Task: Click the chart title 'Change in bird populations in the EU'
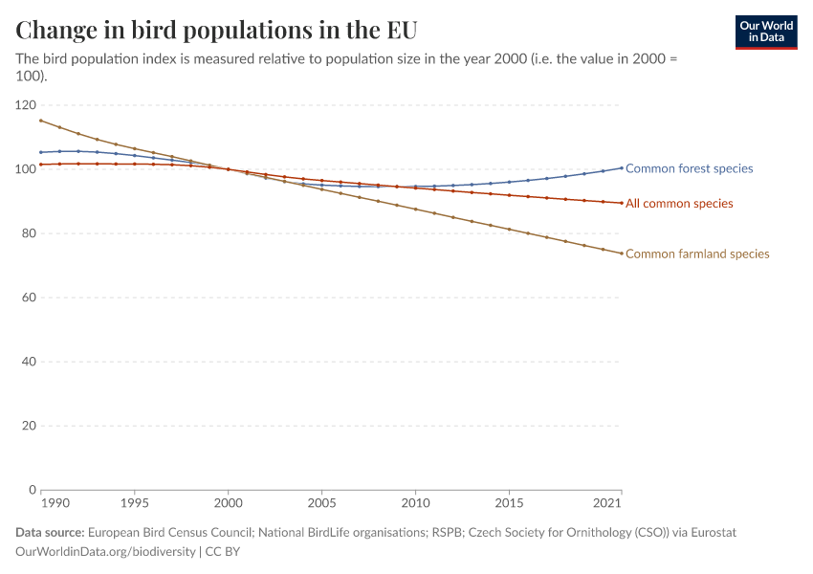tap(216, 29)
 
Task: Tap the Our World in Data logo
tap(766, 32)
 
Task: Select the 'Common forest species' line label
tap(689, 168)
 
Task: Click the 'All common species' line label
tap(679, 204)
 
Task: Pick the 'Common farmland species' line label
tap(697, 254)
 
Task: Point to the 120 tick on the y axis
tap(26, 105)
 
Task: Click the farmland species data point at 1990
tap(41, 121)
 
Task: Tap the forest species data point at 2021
tap(622, 167)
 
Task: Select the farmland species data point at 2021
tap(622, 254)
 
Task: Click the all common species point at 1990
tap(41, 165)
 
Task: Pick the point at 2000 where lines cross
tap(228, 169)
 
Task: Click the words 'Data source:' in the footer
tap(50, 532)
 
